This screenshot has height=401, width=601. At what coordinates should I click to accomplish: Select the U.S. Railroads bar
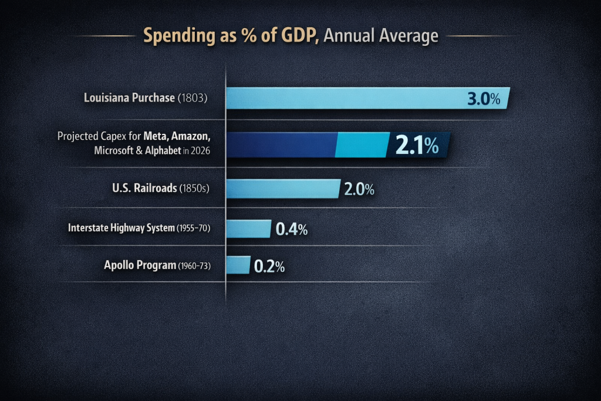(282, 188)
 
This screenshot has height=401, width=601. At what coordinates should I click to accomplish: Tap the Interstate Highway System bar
(248, 228)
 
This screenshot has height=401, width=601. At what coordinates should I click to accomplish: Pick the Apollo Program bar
(238, 265)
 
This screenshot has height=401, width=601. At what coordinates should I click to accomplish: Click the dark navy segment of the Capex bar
(281, 144)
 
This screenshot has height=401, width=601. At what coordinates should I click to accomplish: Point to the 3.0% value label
(484, 99)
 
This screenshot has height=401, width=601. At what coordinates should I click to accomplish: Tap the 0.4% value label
(292, 229)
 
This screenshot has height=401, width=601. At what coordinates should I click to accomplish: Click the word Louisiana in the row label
(106, 98)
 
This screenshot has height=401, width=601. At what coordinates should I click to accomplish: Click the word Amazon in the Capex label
(187, 136)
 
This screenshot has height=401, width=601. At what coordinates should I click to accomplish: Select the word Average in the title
(410, 36)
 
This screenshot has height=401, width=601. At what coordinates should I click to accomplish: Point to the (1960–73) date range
(194, 266)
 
